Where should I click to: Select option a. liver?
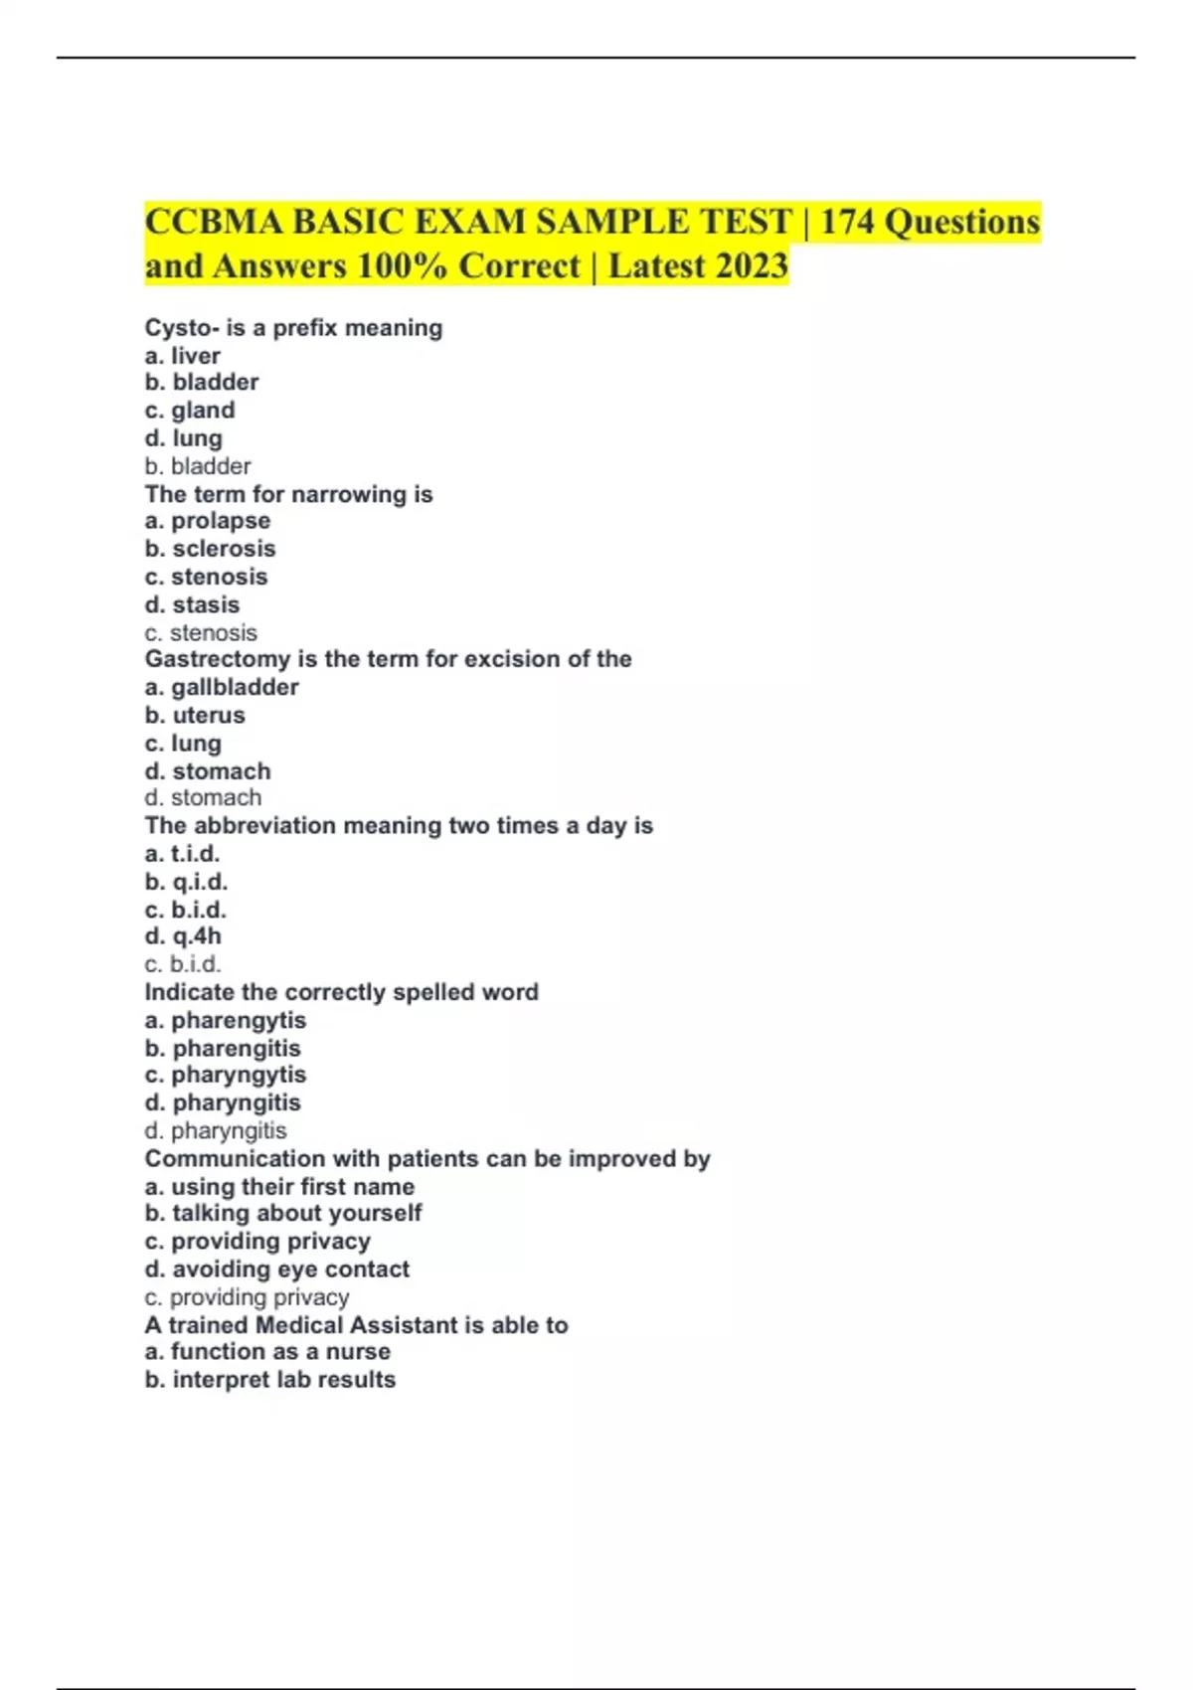pos(183,355)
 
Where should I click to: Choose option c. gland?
pos(190,410)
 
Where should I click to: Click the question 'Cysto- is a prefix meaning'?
pos(293,327)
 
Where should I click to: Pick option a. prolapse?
pos(207,521)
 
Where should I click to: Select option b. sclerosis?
pos(210,549)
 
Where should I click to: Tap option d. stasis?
pos(192,604)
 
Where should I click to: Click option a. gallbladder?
pos(222,687)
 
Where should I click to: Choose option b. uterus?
pos(195,715)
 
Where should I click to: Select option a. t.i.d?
pos(182,853)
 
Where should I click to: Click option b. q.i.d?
pos(186,881)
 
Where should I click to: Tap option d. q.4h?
pos(183,936)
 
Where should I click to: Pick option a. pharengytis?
pos(225,1020)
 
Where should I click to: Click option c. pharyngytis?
pos(225,1075)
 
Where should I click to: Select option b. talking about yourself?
pos(283,1213)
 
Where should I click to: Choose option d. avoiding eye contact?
pos(276,1268)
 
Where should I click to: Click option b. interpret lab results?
pos(269,1380)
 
